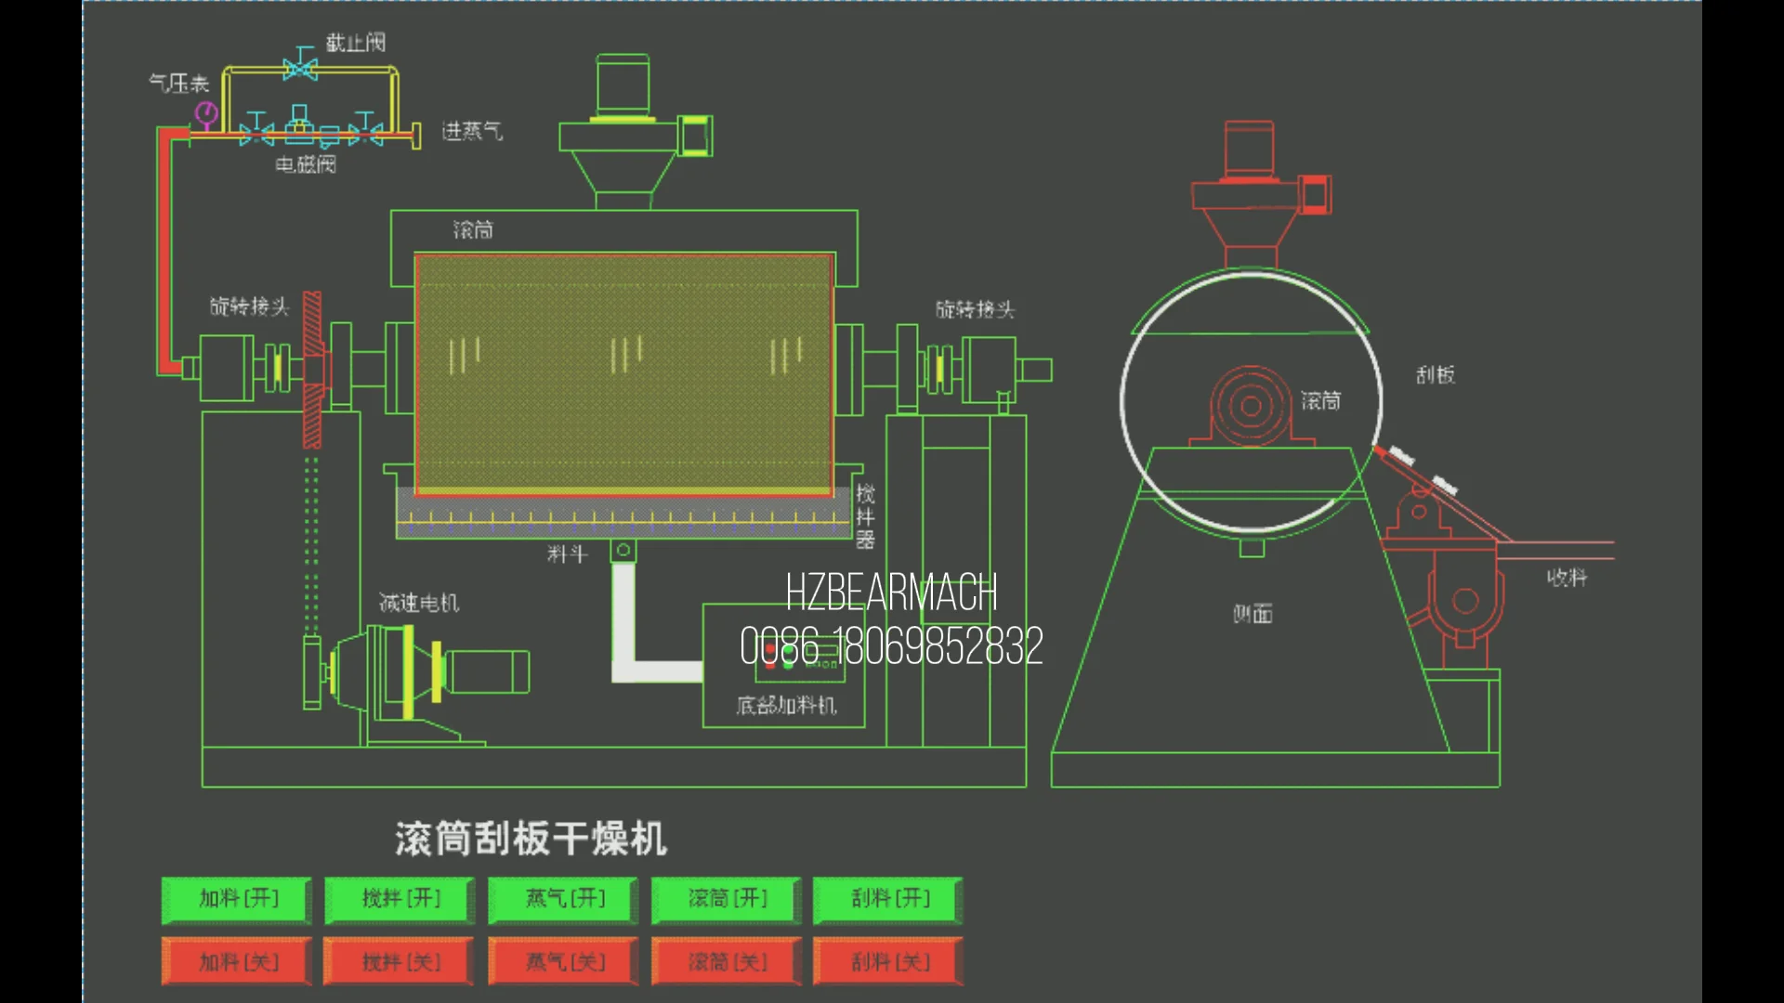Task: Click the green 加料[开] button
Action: click(237, 899)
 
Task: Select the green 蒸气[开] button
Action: click(564, 899)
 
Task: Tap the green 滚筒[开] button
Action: click(727, 899)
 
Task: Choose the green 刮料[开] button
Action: click(889, 899)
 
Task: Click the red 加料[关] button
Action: click(237, 962)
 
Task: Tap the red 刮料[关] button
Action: click(889, 962)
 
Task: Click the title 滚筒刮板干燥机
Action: click(531, 839)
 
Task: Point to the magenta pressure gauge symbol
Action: click(206, 114)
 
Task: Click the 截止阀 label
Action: click(355, 43)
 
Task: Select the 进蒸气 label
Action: click(472, 131)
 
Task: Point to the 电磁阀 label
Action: click(306, 165)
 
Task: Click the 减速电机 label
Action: click(419, 604)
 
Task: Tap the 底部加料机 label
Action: click(786, 706)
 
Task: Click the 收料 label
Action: click(1567, 578)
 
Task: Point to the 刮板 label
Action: click(1436, 375)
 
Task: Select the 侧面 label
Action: click(1253, 614)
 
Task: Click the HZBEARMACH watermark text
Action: click(891, 593)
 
